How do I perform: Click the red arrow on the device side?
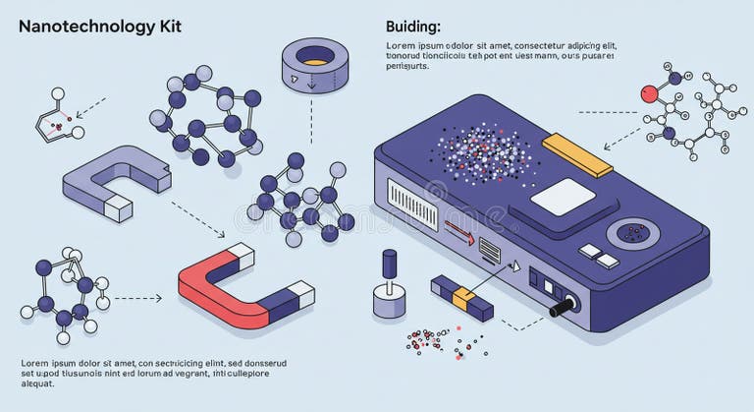[458, 233]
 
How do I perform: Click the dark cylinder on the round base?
[390, 266]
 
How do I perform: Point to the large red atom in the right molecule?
[648, 94]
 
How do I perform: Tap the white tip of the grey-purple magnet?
[119, 207]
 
